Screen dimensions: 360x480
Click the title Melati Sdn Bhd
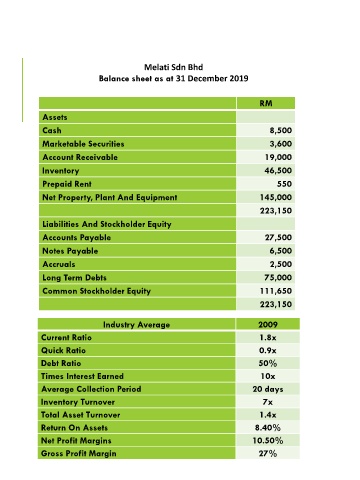pos(173,67)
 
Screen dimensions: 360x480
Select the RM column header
pos(266,103)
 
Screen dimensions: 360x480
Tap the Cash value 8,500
pos(281,130)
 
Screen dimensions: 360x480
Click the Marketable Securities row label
pos(83,144)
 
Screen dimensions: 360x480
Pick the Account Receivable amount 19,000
pos(278,157)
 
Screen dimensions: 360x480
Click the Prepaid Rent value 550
pos(284,184)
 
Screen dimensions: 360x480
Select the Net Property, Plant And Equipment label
pos(110,197)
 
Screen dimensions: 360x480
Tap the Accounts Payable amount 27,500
pos(278,237)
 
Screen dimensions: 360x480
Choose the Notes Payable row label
pos(70,251)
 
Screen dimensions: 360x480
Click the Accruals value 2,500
pos(281,264)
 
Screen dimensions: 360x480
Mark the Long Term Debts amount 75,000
pos(278,277)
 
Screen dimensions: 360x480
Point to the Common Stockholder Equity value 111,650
pos(276,291)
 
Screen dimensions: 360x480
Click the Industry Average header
pos(136,325)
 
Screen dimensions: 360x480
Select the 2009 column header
pos(268,324)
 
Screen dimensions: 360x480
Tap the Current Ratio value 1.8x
pos(268,337)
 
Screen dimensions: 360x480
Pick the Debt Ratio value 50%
pos(268,363)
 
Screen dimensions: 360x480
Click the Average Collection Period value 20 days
pos(268,389)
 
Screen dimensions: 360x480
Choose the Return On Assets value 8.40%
pos(268,428)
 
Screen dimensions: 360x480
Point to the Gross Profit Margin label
pos(79,453)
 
